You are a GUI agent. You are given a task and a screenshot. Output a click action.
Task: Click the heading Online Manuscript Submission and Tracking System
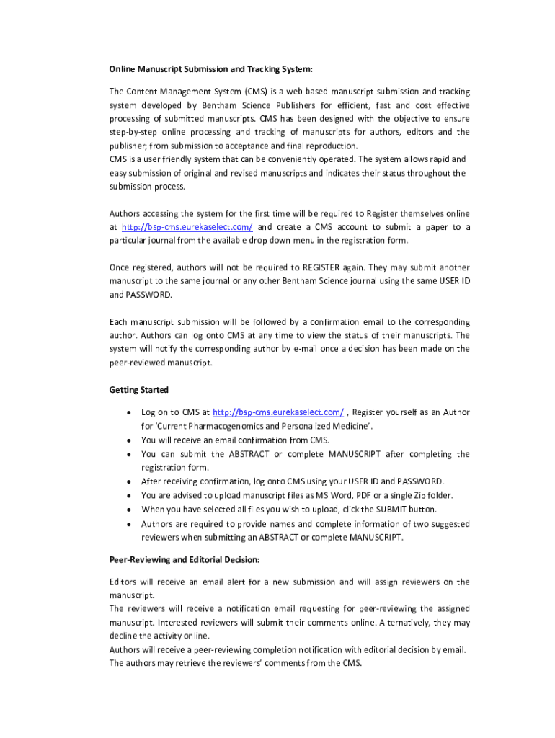210,69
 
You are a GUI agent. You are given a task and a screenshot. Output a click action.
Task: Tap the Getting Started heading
138,390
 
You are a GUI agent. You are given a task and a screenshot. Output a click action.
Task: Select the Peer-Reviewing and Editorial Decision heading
184,559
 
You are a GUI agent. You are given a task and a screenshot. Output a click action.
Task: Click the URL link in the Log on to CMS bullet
279,412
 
